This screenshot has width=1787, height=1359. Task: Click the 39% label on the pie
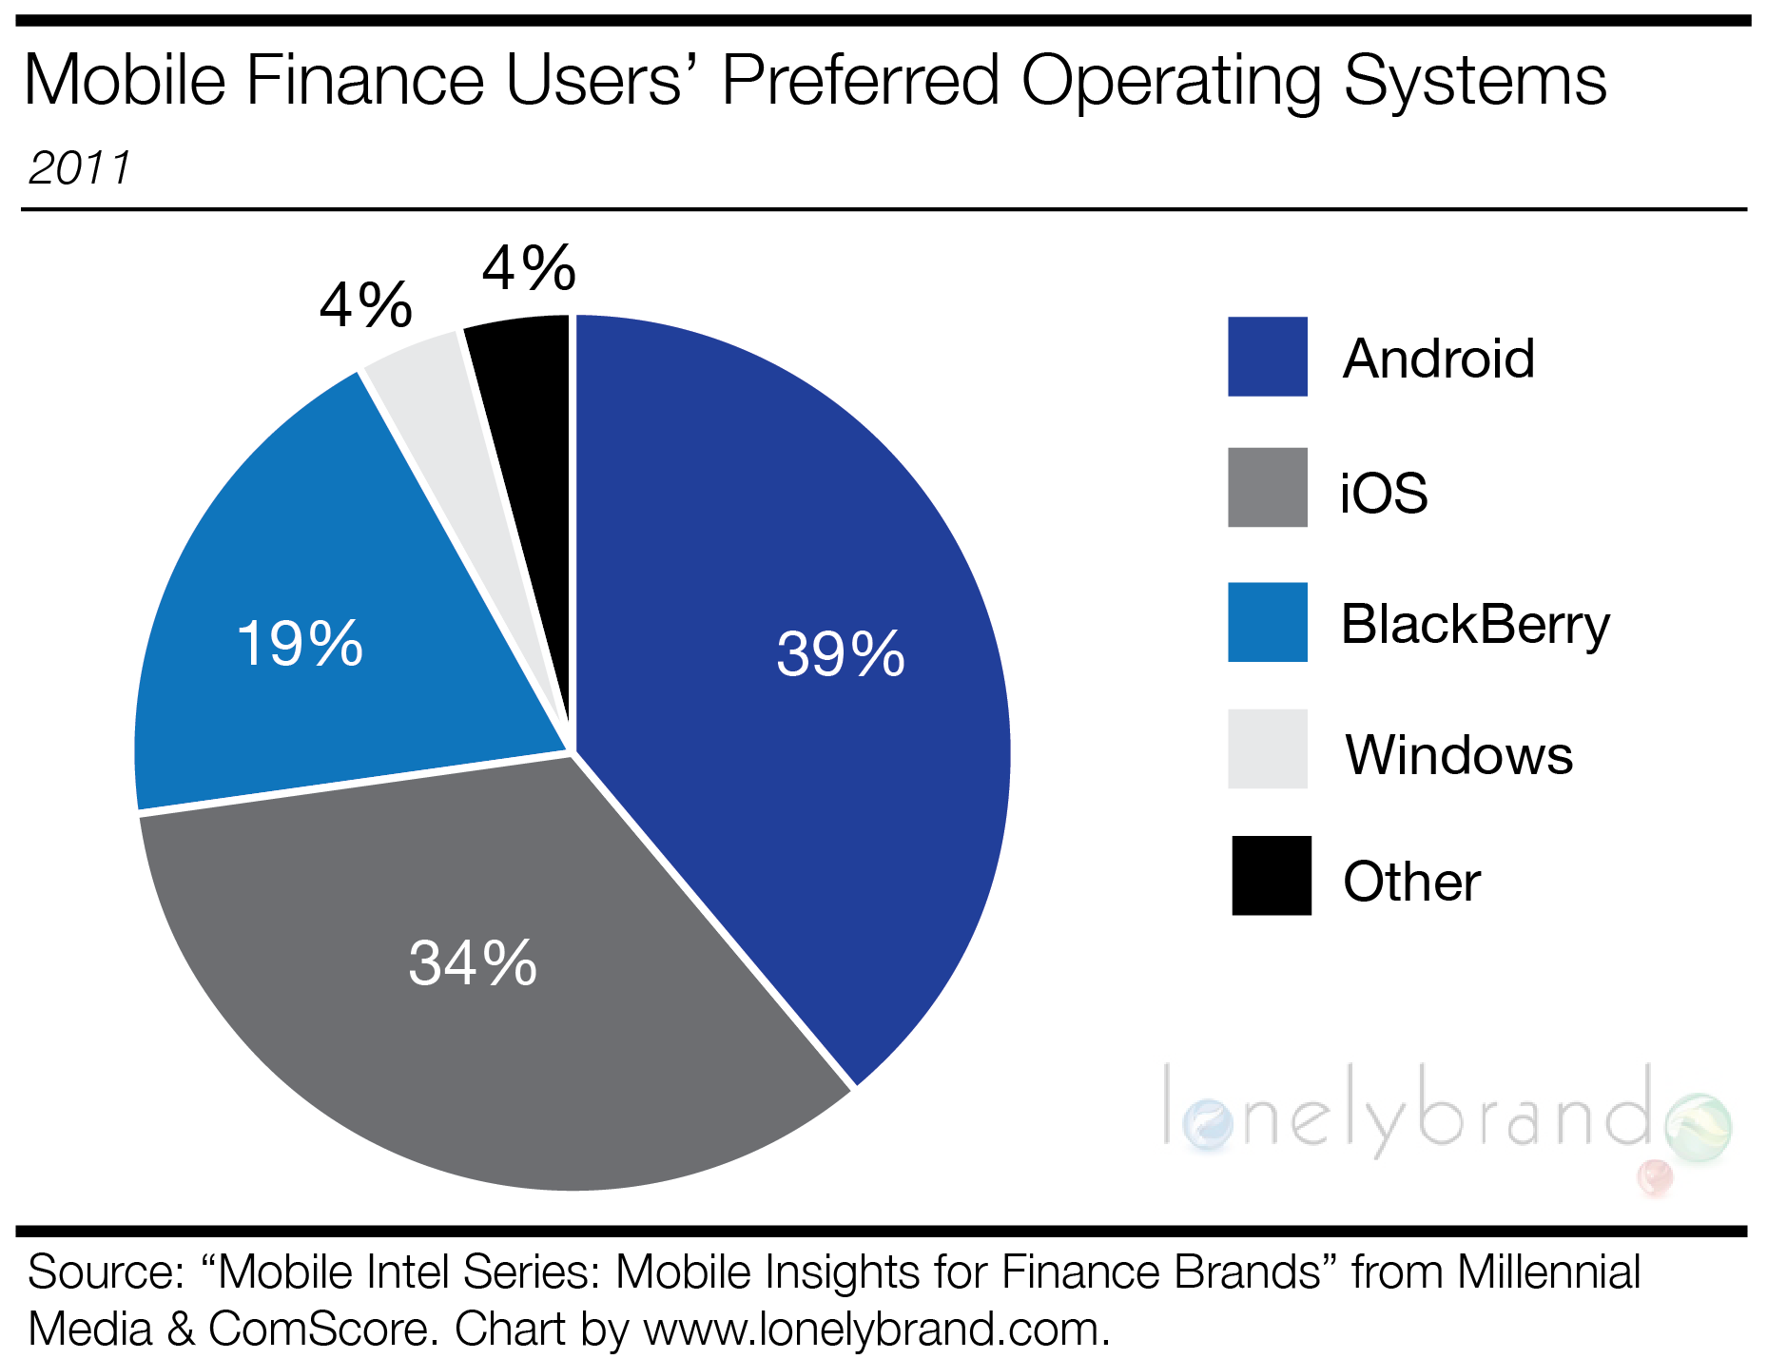840,654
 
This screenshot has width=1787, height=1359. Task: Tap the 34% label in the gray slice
473,962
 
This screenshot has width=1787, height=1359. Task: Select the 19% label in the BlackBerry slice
300,644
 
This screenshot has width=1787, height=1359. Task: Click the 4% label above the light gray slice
366,305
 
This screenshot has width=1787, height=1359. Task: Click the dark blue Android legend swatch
1267,357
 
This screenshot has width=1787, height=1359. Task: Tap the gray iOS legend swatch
1267,487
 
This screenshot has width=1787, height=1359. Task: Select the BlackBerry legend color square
1267,622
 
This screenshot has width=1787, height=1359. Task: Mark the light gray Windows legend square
1267,749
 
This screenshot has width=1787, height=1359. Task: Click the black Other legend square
1271,876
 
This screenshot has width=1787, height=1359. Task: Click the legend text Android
1438,359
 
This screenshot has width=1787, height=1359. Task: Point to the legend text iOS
1383,493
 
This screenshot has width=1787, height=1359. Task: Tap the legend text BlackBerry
1474,625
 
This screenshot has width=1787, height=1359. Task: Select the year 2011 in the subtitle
80,168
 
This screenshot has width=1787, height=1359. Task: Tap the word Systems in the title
1474,80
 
